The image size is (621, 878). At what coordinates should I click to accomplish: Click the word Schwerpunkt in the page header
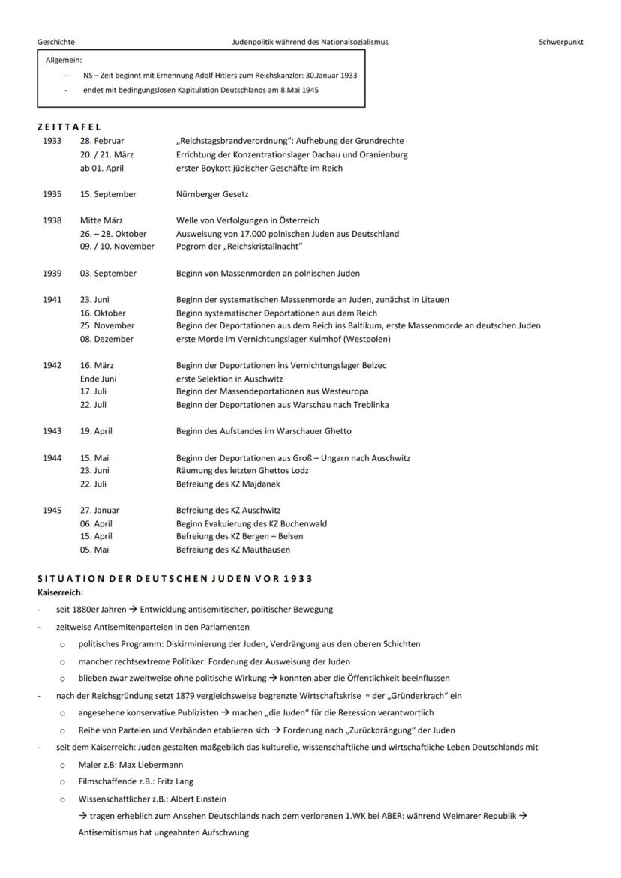pos(560,42)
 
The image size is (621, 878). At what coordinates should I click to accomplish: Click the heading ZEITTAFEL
pos(69,127)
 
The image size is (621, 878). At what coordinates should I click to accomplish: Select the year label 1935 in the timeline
pos(52,194)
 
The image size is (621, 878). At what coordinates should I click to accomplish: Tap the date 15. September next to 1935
pos(108,194)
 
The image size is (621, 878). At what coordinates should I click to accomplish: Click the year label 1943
pos(52,431)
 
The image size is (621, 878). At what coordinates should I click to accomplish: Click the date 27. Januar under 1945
pos(100,511)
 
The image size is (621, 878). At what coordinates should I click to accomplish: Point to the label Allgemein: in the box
pos(64,60)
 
